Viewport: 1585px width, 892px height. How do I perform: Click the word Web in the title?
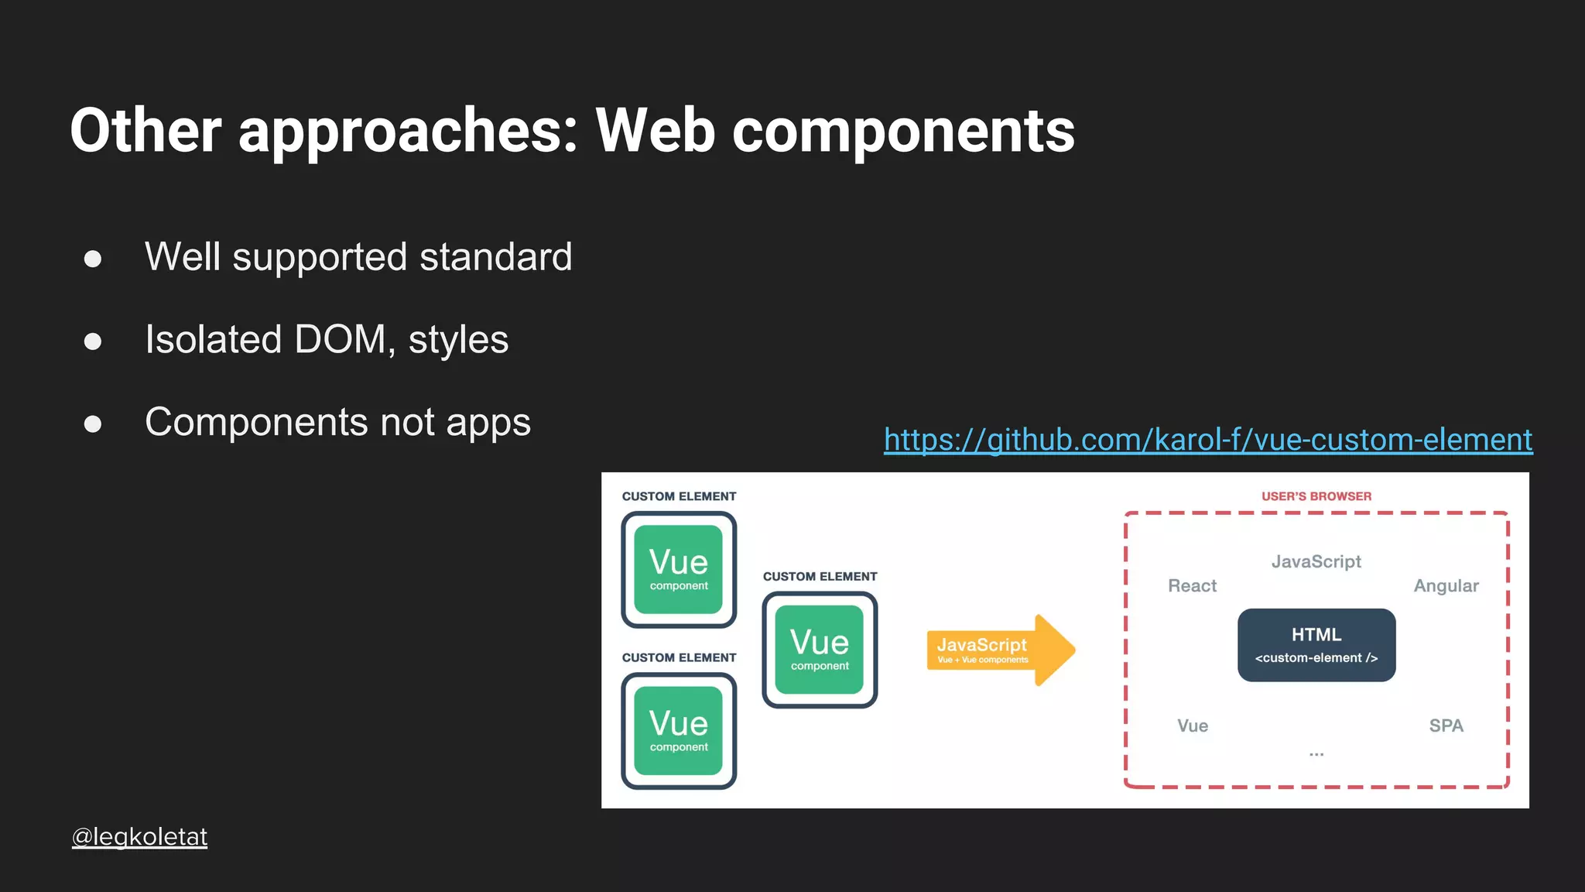coord(655,130)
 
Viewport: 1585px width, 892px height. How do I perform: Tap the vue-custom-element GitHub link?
coord(1207,440)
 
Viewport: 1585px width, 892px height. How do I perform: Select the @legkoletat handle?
coord(139,836)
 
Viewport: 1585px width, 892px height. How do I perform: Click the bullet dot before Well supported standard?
coord(93,259)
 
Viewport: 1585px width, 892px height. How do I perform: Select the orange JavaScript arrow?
coord(998,650)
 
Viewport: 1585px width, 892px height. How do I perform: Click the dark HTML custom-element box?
coord(1316,645)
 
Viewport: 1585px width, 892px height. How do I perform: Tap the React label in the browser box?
coord(1192,586)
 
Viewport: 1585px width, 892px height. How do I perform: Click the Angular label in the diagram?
coord(1446,586)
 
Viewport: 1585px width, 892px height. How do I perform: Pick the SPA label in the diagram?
coord(1446,726)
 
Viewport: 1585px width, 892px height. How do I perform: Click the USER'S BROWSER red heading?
coord(1316,496)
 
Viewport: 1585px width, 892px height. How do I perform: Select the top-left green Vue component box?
coord(679,570)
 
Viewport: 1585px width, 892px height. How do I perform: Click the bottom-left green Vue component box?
coord(679,731)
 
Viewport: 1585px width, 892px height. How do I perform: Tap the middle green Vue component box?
coord(820,650)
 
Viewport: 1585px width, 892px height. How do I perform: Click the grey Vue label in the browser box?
coord(1192,726)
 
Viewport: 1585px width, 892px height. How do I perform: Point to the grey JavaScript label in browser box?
coord(1316,561)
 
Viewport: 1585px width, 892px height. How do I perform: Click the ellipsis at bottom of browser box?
coord(1316,753)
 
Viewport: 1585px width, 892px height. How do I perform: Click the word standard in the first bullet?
coord(495,257)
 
